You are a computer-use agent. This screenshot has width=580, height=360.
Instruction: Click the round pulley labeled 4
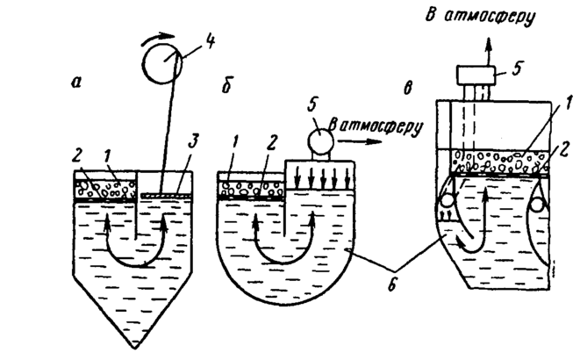(162, 66)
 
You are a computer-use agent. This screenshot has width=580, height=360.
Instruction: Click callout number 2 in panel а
(77, 159)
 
